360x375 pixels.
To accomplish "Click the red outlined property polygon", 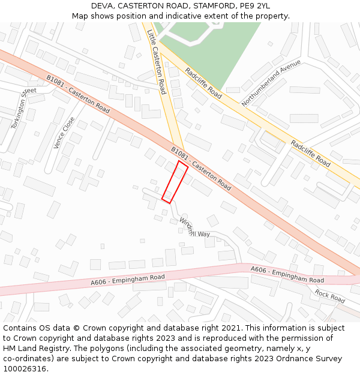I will pyautogui.click(x=175, y=182).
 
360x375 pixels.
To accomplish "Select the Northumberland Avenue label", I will pyautogui.click(x=271, y=83).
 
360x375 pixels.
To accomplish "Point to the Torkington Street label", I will pyautogui.click(x=24, y=108).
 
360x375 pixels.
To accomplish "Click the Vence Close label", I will pyautogui.click(x=64, y=133).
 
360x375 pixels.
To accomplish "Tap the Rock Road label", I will pyautogui.click(x=330, y=295).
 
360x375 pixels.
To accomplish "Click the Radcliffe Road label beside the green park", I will pyautogui.click(x=203, y=83).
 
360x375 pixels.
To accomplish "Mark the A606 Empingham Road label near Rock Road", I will pyautogui.click(x=287, y=275).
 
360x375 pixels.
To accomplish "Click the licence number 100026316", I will pyautogui.click(x=25, y=368).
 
